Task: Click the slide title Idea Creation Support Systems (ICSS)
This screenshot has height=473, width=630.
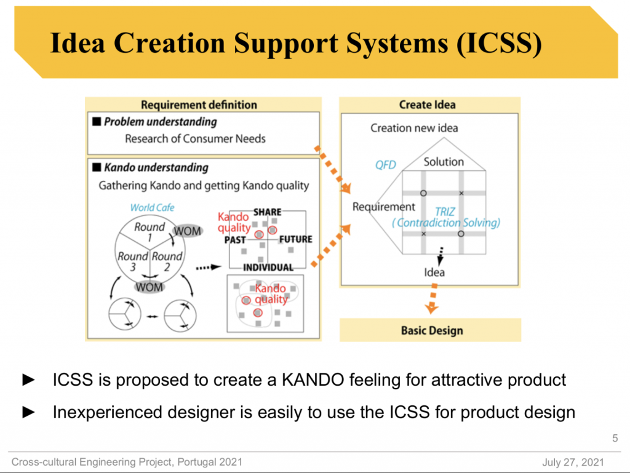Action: (x=295, y=44)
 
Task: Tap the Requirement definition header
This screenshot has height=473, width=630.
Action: (x=199, y=105)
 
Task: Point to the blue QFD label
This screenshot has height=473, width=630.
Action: (x=386, y=165)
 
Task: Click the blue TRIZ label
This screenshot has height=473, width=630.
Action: (x=445, y=212)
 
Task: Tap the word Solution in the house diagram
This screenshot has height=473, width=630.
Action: (x=444, y=162)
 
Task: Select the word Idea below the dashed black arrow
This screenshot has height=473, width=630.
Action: (x=434, y=272)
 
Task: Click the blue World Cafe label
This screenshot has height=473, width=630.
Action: (x=152, y=208)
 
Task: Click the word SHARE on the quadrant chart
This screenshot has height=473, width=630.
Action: (x=267, y=212)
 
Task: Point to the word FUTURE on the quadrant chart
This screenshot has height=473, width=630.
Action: (x=296, y=239)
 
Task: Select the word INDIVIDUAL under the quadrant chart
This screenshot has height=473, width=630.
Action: (x=268, y=268)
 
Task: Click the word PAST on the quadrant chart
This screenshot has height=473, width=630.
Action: (x=235, y=240)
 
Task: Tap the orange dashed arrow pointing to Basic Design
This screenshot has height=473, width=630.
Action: (x=433, y=301)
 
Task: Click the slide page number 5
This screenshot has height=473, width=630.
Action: (x=615, y=439)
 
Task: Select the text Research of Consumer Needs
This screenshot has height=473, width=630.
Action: (x=195, y=138)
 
